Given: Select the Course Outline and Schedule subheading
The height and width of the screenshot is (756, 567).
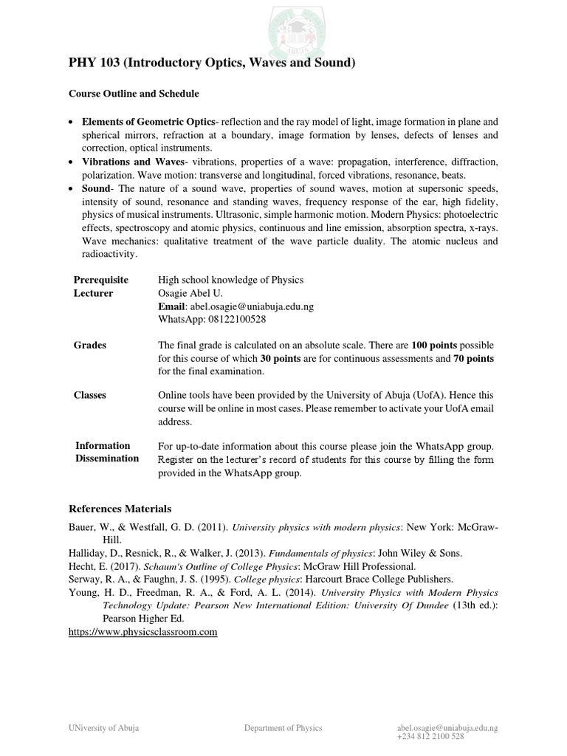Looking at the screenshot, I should coord(134,94).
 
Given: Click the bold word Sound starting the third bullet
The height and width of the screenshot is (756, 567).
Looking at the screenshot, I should coord(96,188).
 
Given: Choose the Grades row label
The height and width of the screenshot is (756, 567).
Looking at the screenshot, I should coord(90,345).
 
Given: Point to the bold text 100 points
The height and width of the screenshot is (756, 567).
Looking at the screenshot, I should coord(435,346).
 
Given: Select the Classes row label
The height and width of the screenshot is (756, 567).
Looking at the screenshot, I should coord(90,395).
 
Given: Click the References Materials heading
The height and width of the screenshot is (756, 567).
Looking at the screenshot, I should coord(120,509).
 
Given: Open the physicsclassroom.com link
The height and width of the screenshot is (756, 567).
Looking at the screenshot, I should coord(143,632).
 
